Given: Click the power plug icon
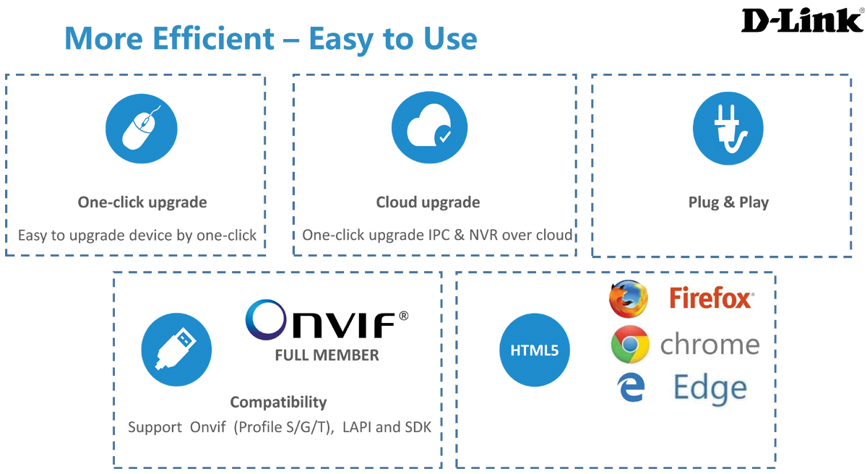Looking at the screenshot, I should [728, 129].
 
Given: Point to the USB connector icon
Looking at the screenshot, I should [176, 350].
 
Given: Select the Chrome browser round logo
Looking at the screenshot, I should [629, 345].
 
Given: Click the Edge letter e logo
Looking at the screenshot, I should [631, 389].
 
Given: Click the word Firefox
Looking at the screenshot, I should [711, 298].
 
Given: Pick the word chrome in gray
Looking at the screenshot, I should [709, 345].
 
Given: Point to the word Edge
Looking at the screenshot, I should [709, 388].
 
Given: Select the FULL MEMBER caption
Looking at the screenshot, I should [327, 355].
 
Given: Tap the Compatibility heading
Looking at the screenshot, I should [278, 402].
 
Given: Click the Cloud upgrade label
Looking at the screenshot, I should [428, 202].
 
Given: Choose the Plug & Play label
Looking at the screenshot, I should [728, 202].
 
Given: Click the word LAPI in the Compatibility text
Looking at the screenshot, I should [355, 427].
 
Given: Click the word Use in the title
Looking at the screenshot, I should [452, 39].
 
